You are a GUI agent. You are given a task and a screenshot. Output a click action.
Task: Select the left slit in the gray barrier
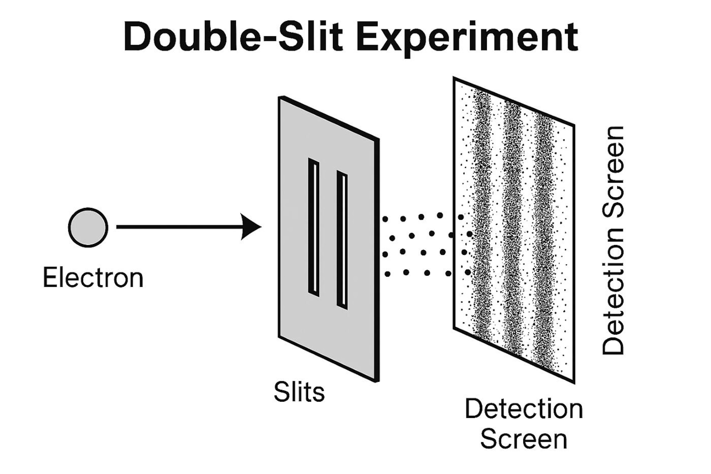[314, 227]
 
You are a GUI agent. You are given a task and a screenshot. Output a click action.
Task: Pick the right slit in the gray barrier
[342, 240]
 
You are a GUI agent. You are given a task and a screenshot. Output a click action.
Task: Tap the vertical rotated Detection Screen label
[613, 240]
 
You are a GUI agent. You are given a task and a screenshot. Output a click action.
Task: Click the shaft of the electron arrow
[178, 227]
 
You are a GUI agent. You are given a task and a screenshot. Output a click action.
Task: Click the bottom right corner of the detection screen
[573, 382]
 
